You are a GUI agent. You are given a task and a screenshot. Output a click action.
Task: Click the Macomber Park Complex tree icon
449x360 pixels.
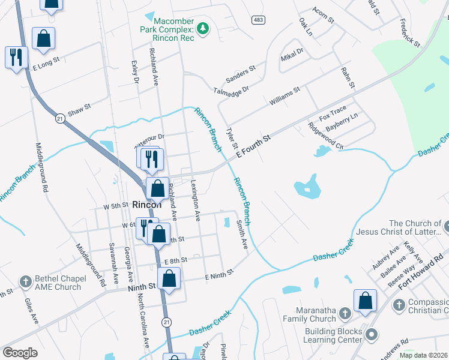[203, 28]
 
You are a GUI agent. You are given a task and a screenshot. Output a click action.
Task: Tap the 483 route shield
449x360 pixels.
[258, 20]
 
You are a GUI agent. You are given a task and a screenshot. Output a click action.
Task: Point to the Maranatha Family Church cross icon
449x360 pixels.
[345, 313]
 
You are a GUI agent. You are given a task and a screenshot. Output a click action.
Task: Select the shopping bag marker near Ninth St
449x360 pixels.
[170, 279]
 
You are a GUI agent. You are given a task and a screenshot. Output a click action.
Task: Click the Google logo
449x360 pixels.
[20, 353]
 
